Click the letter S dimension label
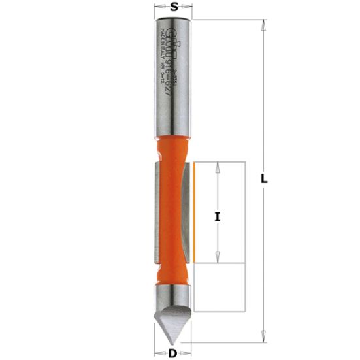(x=174, y=7)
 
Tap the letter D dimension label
(x=173, y=353)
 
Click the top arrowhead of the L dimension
(x=263, y=24)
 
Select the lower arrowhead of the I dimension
(x=218, y=258)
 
